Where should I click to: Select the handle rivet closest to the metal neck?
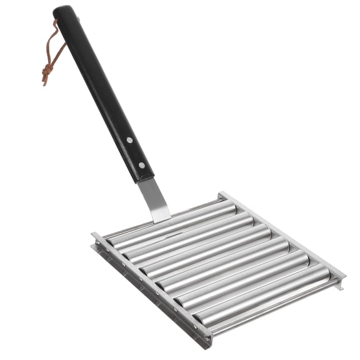pos(141,165)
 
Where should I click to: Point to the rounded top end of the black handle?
pos(63,11)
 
